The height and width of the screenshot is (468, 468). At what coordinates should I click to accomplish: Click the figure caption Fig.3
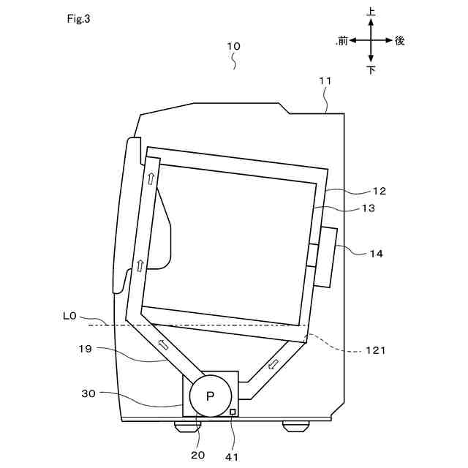[78, 20]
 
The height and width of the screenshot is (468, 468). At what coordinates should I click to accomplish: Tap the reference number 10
[233, 45]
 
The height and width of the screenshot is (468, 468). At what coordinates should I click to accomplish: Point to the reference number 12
[378, 191]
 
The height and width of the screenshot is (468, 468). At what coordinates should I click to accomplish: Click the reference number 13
[368, 208]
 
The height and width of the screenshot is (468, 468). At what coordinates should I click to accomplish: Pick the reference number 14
[377, 254]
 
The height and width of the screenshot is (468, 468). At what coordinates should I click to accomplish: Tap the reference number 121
[376, 350]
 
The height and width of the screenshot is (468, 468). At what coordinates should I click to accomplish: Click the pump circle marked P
[211, 396]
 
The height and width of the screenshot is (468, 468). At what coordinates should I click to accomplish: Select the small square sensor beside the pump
[233, 412]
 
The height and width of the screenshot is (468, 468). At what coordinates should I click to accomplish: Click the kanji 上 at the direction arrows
[371, 12]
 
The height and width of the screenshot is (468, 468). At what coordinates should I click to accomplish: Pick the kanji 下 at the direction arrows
[371, 70]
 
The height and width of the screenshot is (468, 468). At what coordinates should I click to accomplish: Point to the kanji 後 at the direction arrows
[399, 41]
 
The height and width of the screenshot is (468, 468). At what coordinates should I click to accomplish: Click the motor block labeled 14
[325, 257]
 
